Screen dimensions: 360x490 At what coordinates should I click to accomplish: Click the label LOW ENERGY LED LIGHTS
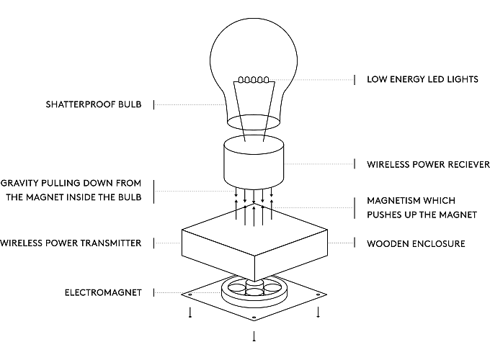click(x=422, y=79)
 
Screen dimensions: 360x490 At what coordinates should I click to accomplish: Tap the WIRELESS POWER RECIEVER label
click(x=427, y=164)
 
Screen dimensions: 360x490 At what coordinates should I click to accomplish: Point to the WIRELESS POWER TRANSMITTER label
click(x=71, y=243)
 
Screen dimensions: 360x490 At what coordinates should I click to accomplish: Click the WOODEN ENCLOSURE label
click(x=416, y=243)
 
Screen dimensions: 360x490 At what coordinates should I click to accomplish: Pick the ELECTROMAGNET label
click(x=103, y=293)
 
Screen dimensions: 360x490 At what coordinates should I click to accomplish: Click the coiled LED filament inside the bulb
click(x=254, y=80)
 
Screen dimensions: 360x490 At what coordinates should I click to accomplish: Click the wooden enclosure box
click(x=254, y=245)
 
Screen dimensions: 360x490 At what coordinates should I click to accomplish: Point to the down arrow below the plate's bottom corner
click(x=254, y=336)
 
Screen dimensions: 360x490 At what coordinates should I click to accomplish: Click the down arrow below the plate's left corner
click(x=190, y=313)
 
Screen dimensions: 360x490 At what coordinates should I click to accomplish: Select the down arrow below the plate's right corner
click(x=317, y=313)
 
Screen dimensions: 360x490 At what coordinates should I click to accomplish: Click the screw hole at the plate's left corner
click(x=190, y=294)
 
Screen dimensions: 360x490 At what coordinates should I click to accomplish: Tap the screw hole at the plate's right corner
click(x=317, y=294)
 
